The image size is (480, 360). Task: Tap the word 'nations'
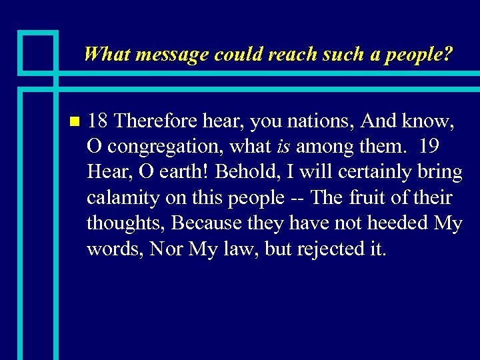pyautogui.click(x=327, y=121)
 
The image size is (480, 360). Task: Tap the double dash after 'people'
pyautogui.click(x=298, y=198)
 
